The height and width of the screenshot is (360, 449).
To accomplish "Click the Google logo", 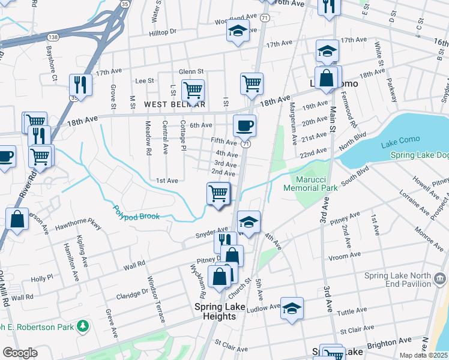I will (20, 353).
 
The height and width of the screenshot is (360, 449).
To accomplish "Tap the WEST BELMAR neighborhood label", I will (174, 104).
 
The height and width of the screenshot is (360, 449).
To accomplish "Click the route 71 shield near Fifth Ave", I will (246, 144).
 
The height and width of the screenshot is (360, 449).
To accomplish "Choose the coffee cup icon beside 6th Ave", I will (244, 125).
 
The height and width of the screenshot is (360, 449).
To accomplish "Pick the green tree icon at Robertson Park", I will (82, 326).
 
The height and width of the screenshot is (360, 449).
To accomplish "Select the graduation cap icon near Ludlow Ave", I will (292, 308).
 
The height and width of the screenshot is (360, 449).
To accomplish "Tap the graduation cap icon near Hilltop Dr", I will (238, 31).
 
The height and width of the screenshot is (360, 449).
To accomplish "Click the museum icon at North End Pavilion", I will (439, 278).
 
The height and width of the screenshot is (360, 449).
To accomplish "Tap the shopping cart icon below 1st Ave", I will (218, 193).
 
